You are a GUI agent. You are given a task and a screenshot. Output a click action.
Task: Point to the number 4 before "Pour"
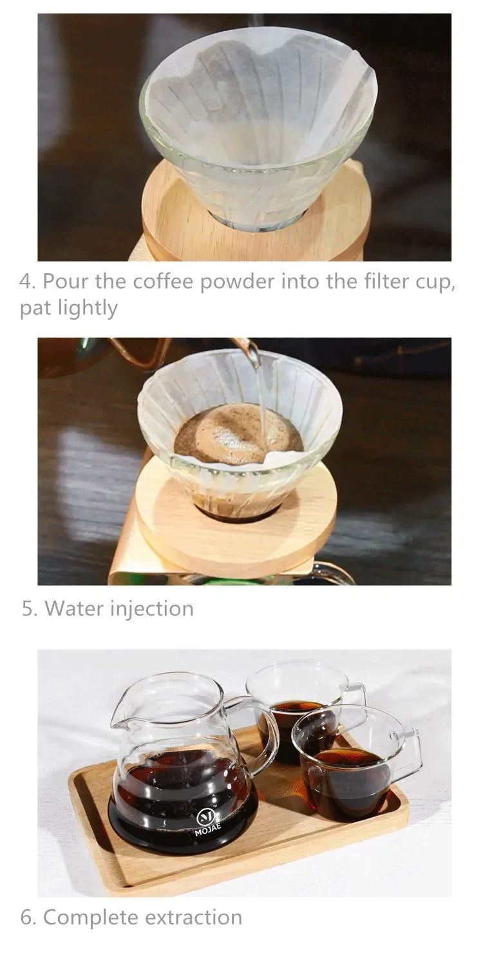click(x=25, y=282)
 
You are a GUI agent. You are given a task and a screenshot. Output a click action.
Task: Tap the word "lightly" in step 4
click(x=86, y=309)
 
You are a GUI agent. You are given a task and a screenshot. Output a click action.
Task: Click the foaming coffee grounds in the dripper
click(x=232, y=429)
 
